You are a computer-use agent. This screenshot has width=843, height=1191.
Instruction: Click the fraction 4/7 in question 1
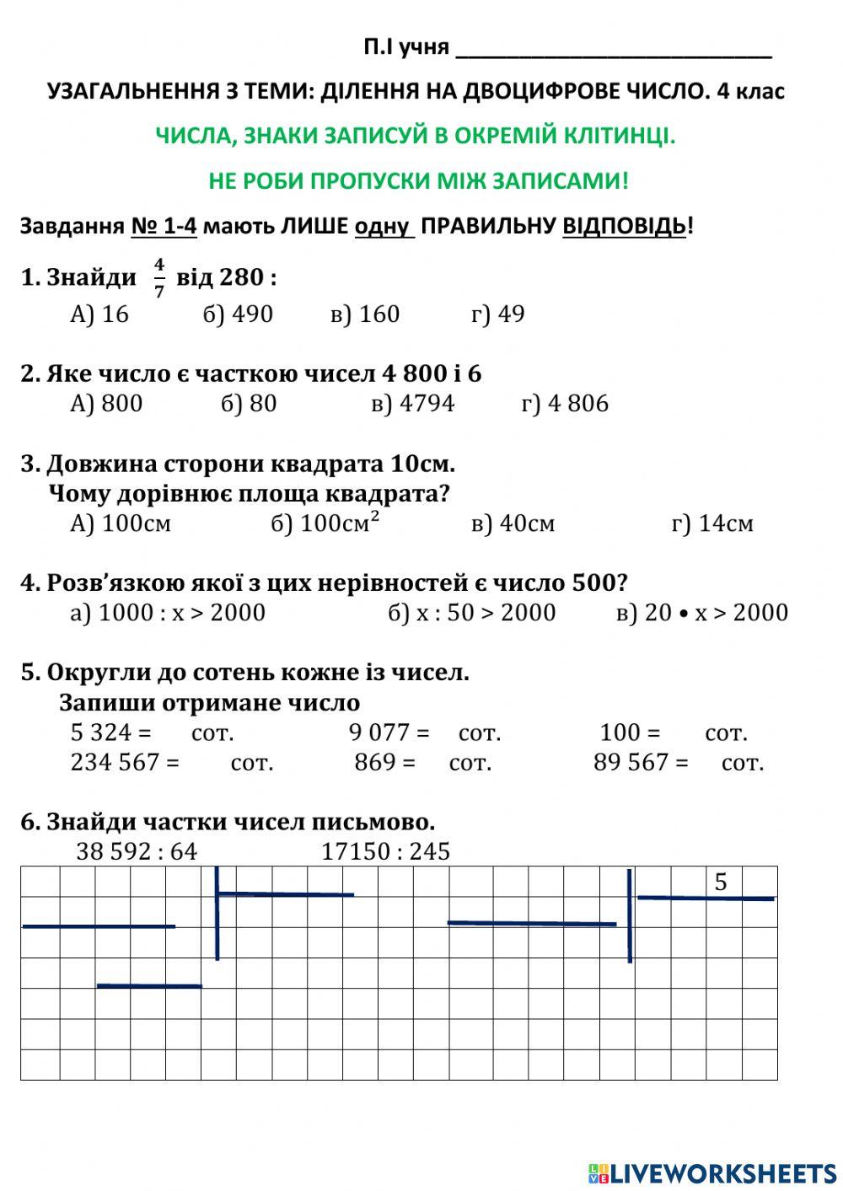[159, 277]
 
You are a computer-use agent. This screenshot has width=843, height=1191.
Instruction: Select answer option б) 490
[238, 314]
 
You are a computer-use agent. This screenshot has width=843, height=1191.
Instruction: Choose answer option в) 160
[365, 314]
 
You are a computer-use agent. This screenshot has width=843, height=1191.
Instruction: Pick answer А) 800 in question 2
[106, 404]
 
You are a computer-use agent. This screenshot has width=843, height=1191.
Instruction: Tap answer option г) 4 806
[565, 404]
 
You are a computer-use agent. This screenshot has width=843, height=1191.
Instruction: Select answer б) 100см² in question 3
[325, 523]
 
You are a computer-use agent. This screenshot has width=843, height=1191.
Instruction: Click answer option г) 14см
[712, 523]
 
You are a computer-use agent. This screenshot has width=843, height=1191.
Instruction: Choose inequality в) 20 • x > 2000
[702, 613]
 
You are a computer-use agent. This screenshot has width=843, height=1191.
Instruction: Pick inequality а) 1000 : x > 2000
[168, 613]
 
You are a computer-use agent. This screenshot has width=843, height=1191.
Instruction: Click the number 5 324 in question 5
[101, 732]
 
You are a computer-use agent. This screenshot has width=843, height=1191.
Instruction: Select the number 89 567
[630, 762]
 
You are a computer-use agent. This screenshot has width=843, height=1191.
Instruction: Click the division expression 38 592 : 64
[137, 851]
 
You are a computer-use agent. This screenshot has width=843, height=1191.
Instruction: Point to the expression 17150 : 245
[386, 851]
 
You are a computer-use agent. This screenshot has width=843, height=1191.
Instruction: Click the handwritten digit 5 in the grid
[721, 883]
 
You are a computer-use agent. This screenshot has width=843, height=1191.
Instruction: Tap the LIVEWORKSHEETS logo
[712, 1172]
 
